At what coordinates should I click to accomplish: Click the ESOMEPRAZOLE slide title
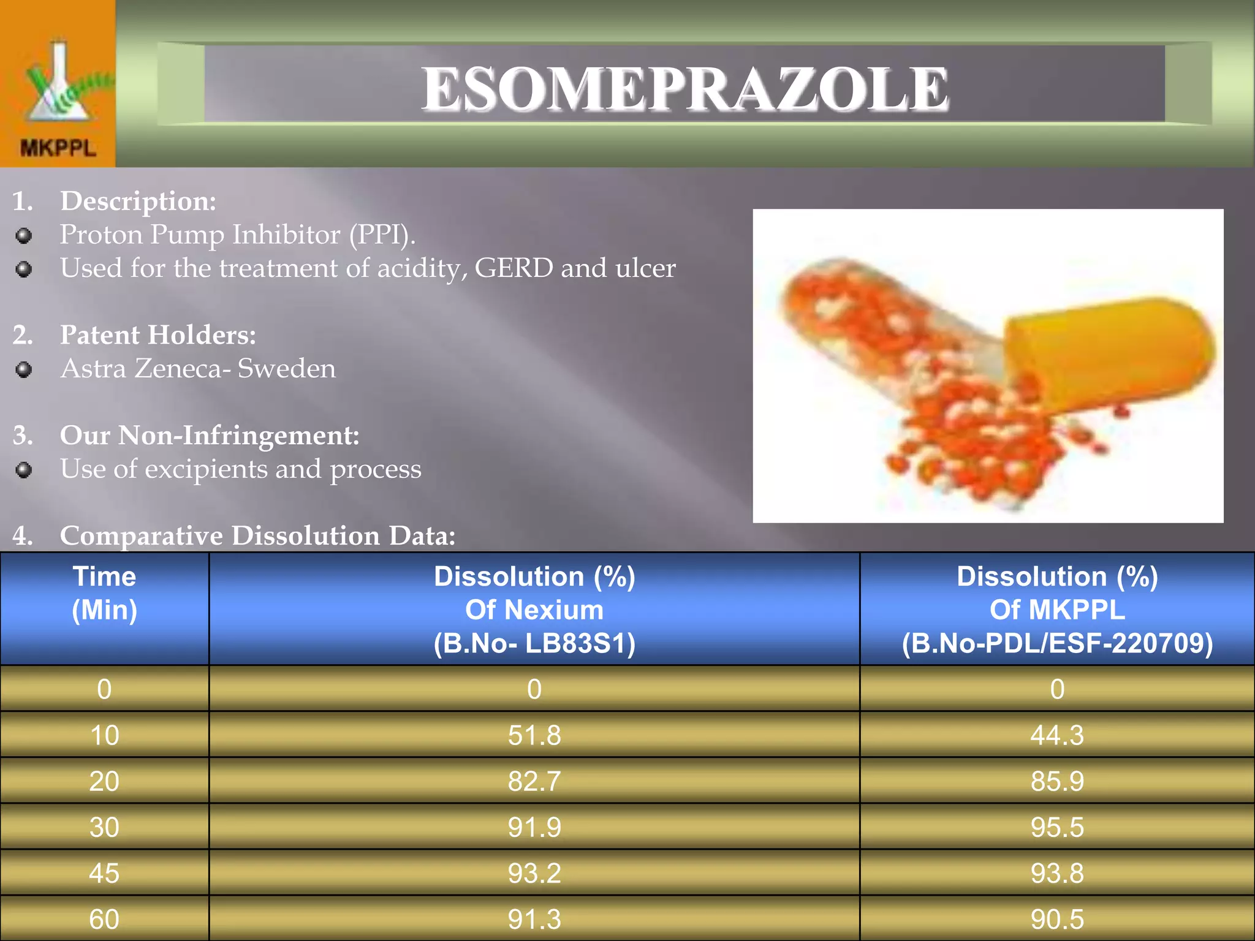pos(684,89)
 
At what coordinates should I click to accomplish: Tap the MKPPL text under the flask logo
pos(58,148)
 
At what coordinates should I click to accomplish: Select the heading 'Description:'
pos(138,201)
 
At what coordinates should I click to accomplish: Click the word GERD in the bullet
pos(514,268)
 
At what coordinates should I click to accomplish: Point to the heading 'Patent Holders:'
pos(157,335)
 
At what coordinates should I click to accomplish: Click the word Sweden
pos(287,369)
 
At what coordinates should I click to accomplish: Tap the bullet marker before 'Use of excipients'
pos(24,470)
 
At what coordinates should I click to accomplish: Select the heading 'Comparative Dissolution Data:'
pos(257,536)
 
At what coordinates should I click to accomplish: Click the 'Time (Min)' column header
pos(104,593)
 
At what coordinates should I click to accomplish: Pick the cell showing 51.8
pos(534,735)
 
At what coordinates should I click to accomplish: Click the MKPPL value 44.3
pos(1057,735)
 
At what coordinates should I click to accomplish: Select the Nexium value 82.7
pos(534,781)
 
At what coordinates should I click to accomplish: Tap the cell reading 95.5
pos(1057,827)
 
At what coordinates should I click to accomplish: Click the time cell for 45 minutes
pos(104,873)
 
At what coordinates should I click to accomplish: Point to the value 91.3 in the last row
pos(534,919)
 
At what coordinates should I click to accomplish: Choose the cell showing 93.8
pos(1057,873)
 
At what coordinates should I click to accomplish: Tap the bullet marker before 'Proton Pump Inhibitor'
pos(24,236)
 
